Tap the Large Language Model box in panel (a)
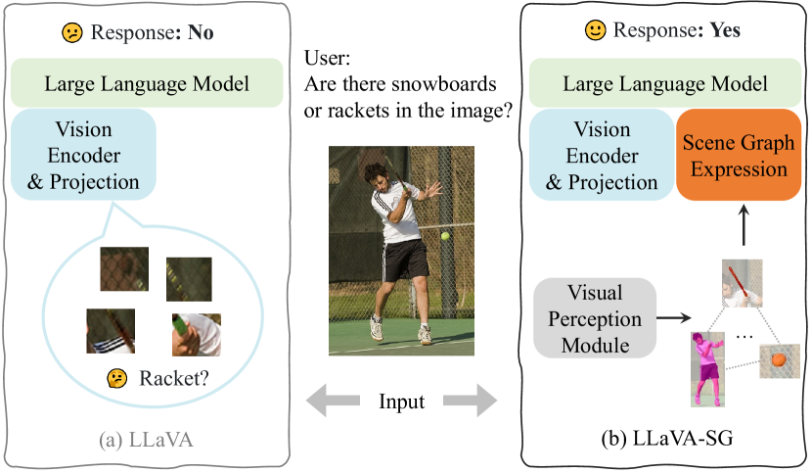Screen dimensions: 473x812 tap(146, 84)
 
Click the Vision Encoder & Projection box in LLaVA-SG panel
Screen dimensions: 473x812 tap(601, 156)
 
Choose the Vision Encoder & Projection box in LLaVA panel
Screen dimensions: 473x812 tap(83, 156)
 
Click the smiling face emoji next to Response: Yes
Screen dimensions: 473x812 tap(596, 30)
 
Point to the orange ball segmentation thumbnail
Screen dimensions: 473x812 tap(779, 360)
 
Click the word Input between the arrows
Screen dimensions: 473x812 tap(401, 402)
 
